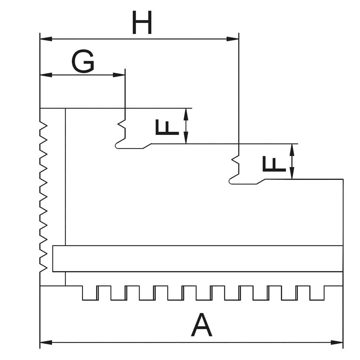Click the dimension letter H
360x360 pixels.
pyautogui.click(x=141, y=23)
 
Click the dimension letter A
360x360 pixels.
pyautogui.click(x=202, y=325)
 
